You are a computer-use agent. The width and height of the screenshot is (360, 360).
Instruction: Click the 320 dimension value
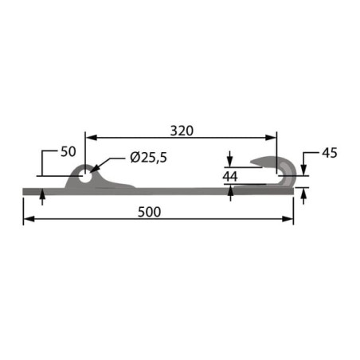tap(182, 131)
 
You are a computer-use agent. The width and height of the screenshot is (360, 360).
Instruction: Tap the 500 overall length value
tap(150, 212)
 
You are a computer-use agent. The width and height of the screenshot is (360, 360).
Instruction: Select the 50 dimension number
tap(68, 151)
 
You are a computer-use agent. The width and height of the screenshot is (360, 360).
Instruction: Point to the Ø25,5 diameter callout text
tap(148, 158)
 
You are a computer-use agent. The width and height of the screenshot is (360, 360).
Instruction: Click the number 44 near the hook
tap(230, 177)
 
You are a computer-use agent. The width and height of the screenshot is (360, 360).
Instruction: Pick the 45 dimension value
tap(330, 153)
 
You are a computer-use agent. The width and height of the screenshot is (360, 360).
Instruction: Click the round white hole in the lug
tap(84, 177)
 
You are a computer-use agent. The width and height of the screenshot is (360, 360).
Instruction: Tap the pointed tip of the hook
tap(251, 162)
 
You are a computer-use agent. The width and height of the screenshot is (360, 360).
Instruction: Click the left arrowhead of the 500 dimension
tap(29, 219)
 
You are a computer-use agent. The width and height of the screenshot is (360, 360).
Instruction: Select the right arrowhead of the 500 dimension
tap(288, 219)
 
